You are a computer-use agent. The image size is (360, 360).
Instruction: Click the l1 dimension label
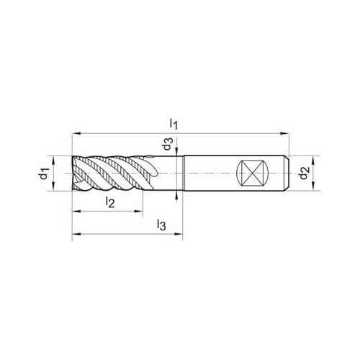click(174, 124)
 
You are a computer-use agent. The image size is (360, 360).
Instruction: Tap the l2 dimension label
click(110, 202)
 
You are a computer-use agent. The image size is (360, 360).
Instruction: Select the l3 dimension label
click(161, 225)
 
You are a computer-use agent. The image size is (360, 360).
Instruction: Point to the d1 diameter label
click(44, 174)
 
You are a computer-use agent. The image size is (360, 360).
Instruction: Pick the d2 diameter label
click(304, 174)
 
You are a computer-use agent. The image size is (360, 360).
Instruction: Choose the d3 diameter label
click(168, 144)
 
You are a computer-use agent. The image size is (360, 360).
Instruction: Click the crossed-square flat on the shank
click(251, 174)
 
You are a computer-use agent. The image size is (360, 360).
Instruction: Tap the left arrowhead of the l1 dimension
click(76, 133)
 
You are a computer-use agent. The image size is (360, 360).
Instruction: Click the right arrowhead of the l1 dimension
click(285, 133)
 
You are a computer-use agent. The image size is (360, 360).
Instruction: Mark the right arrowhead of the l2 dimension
click(138, 211)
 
